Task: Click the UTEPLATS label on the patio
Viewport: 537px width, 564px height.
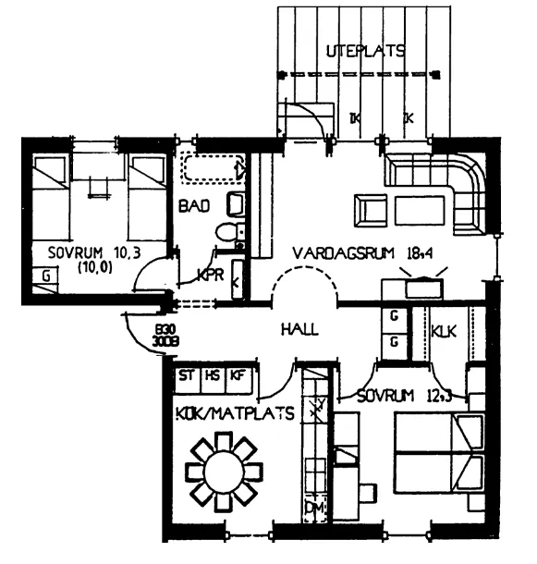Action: click(366, 52)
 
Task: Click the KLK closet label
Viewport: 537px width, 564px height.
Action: click(445, 328)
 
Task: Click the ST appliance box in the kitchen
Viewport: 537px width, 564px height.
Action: click(187, 375)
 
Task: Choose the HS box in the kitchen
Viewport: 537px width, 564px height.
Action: click(212, 375)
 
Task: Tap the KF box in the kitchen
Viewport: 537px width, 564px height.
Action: click(238, 375)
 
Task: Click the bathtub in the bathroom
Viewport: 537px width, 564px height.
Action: click(214, 169)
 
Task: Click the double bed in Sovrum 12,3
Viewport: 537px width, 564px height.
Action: click(440, 453)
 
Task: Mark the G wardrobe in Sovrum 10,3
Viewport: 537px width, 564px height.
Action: click(43, 275)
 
